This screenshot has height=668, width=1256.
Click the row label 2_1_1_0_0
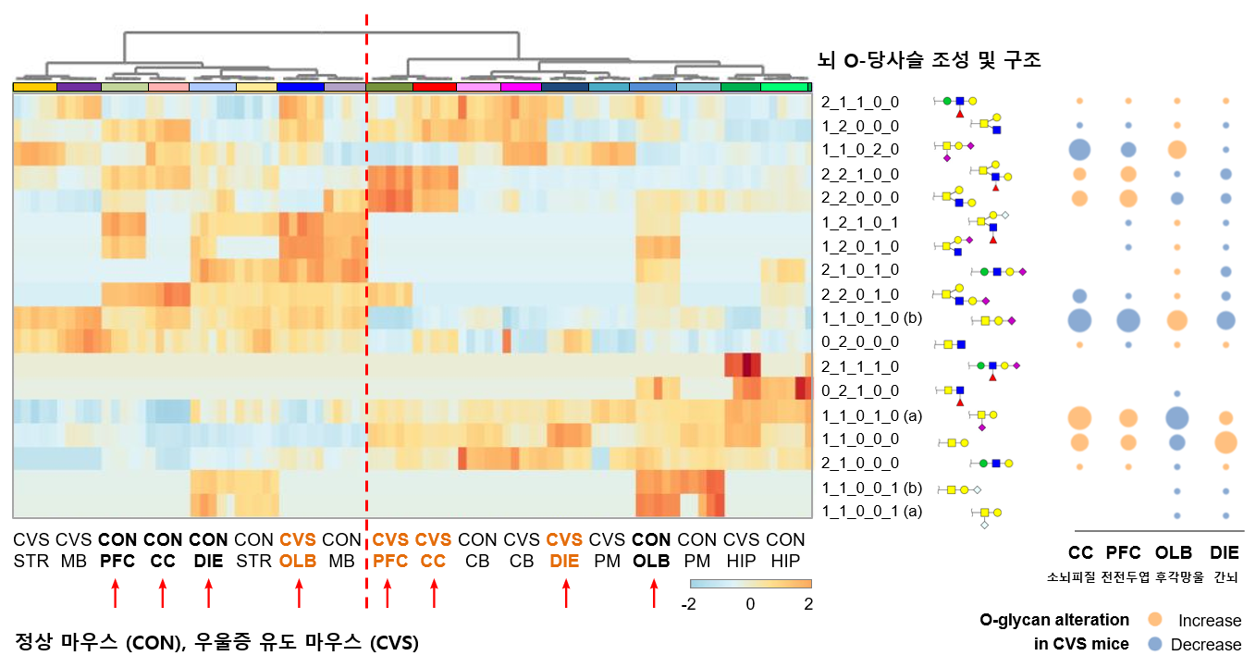[x=859, y=101]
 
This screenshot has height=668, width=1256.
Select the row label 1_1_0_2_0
[x=859, y=149]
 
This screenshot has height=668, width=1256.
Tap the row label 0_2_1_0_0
[x=859, y=390]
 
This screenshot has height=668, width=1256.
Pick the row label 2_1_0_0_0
[x=859, y=463]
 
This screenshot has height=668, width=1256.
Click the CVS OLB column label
[x=299, y=550]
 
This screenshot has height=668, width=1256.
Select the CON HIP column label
[x=785, y=550]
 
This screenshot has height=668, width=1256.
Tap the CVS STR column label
[x=31, y=550]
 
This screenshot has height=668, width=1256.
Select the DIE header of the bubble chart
[x=1225, y=553]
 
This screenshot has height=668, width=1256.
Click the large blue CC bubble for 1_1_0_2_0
[x=1079, y=149]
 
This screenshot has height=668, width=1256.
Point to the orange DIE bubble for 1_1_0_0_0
[x=1225, y=442]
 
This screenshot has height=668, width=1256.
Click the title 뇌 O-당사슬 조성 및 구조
[x=930, y=61]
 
